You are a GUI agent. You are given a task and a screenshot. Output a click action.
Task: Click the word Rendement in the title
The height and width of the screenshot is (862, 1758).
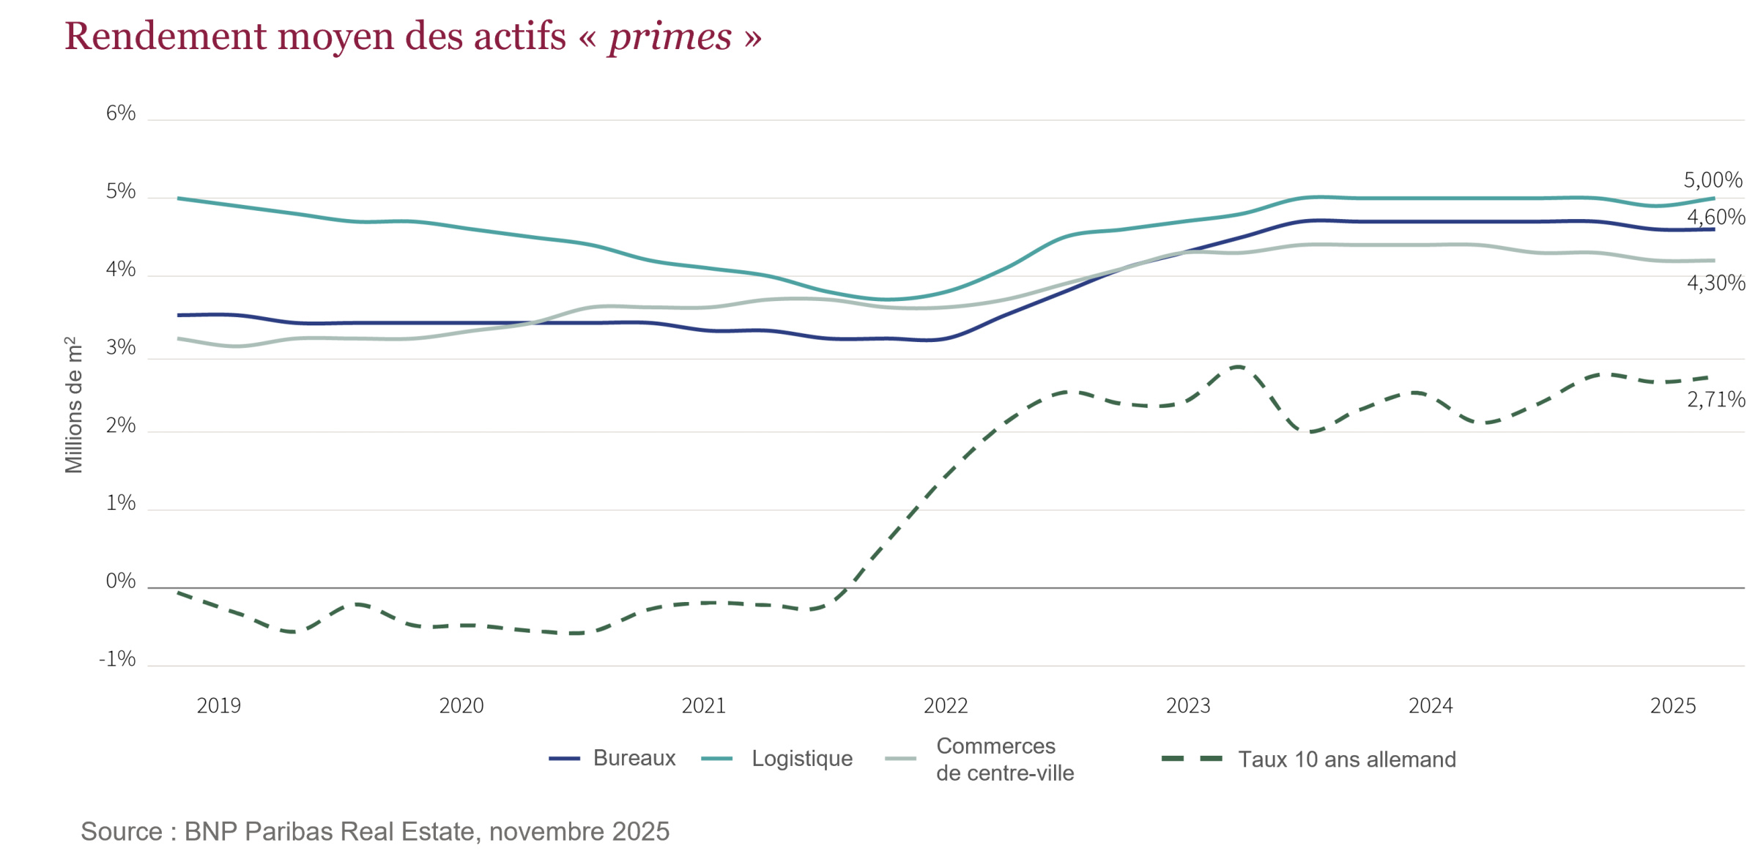165,37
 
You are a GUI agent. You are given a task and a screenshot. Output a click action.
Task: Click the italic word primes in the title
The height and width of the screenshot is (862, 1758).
670,37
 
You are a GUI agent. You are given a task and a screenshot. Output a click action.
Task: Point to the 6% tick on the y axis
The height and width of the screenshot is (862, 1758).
121,113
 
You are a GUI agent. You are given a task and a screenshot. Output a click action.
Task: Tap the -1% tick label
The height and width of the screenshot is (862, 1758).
117,659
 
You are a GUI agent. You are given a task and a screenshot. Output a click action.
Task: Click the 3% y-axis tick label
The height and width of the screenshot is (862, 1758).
121,347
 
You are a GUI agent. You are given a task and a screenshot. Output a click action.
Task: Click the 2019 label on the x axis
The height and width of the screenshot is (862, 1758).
218,705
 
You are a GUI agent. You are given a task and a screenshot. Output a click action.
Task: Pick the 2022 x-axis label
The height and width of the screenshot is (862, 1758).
945,705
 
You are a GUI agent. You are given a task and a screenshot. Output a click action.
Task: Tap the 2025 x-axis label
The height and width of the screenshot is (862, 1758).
1672,705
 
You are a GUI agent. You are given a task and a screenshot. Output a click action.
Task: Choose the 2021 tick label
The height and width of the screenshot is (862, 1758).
703,705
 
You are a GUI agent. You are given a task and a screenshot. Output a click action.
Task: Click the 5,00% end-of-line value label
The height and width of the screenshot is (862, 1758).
1713,179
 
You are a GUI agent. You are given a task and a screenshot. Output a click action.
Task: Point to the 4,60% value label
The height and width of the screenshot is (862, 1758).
1716,217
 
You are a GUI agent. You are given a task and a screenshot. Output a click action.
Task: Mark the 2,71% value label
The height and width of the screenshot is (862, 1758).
1716,399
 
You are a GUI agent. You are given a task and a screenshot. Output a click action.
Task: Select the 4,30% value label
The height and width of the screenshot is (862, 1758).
1716,283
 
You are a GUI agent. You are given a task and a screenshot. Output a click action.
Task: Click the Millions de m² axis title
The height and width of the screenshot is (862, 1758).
74,405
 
